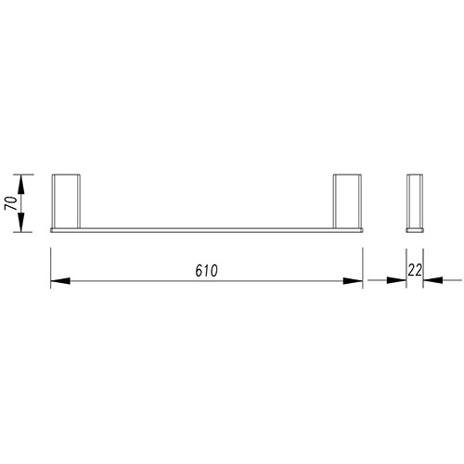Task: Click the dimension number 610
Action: (206, 270)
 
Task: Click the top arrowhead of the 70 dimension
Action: (26, 177)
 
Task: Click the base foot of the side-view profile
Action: (414, 226)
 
